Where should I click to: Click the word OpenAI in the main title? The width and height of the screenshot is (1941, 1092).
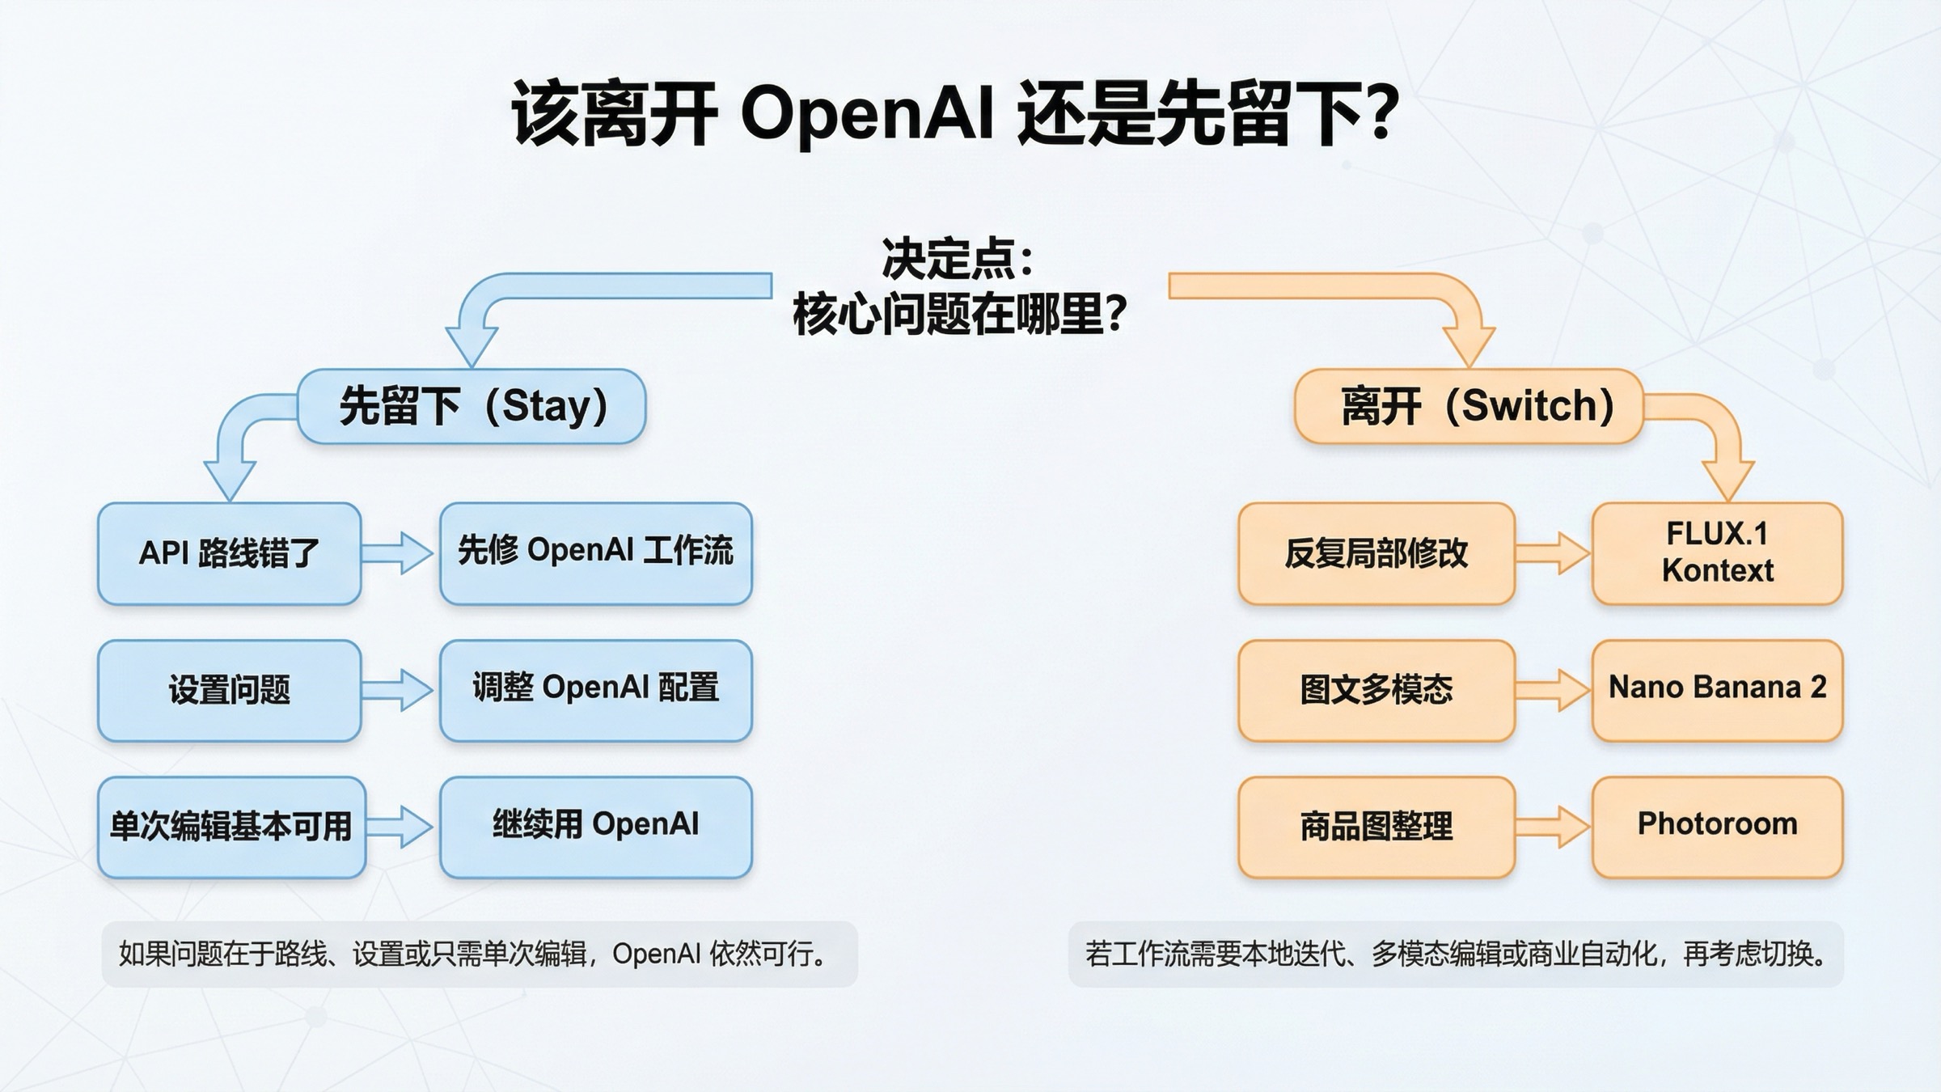866,113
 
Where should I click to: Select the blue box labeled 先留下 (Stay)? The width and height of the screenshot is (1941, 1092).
472,406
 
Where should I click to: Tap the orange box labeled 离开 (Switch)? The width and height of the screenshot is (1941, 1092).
1469,406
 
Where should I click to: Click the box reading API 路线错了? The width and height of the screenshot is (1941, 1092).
229,553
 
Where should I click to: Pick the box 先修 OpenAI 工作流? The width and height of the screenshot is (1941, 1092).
596,553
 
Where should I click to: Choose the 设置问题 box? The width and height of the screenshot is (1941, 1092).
229,691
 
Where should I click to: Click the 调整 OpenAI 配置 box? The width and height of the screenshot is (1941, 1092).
596,691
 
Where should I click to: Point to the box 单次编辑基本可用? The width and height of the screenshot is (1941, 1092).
231,827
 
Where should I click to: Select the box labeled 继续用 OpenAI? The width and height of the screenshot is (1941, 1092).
596,827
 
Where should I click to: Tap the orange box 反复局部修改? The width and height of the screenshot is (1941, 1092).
1376,553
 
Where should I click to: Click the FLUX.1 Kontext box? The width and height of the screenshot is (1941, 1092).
1717,553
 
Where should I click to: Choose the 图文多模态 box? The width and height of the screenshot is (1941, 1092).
1376,691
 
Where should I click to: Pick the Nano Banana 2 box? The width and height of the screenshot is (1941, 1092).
1717,691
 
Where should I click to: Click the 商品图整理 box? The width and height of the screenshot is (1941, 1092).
1376,827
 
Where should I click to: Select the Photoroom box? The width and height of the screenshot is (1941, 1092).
1717,827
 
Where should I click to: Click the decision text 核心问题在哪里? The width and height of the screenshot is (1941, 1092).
959,314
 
